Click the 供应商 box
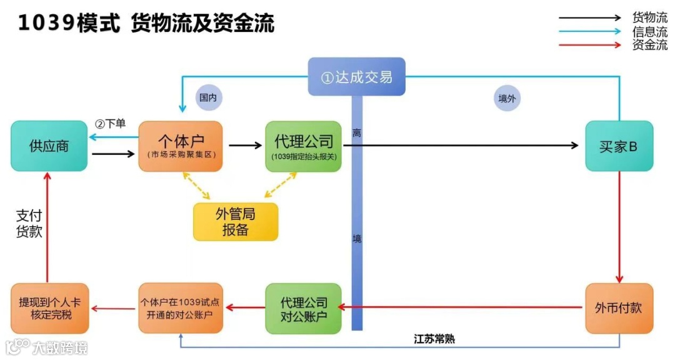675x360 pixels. point(49,146)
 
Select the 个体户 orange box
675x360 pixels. point(181,146)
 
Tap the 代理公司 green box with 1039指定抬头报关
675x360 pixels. point(304,146)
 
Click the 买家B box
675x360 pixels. point(619,146)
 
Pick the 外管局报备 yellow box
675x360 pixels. point(235,222)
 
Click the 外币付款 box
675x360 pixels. point(619,308)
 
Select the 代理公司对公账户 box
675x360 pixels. point(304,308)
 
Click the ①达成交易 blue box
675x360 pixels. point(356,76)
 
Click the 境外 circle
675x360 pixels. point(507,98)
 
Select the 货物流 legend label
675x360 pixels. point(650,17)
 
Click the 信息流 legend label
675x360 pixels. point(650,31)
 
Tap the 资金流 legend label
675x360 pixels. point(650,45)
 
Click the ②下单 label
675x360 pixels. point(111,123)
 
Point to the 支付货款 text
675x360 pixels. point(29,224)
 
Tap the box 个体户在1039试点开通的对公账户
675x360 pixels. point(181,308)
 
